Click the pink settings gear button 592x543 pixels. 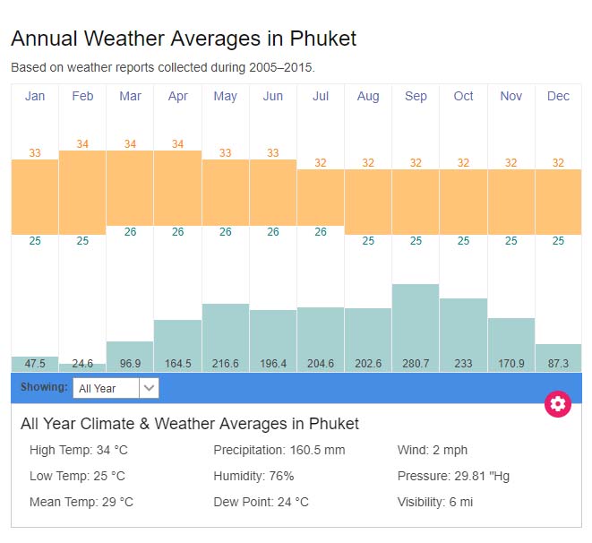[558, 403]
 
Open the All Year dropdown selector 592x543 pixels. [116, 388]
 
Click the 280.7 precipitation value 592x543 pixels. [416, 364]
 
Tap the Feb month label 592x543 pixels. [82, 97]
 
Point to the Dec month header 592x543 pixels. [558, 97]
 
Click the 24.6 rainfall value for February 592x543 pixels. [82, 364]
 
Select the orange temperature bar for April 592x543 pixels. [177, 192]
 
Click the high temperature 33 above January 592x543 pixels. [35, 153]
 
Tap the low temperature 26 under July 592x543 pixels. [321, 232]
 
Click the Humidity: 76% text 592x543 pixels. [253, 476]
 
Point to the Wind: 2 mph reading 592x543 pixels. [433, 450]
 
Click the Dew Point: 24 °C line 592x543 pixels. [261, 502]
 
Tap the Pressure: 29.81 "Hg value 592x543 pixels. [453, 476]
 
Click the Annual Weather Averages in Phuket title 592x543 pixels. [184, 39]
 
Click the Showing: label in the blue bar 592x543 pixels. [44, 387]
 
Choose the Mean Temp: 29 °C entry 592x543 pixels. [81, 502]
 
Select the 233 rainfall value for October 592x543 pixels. [463, 364]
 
